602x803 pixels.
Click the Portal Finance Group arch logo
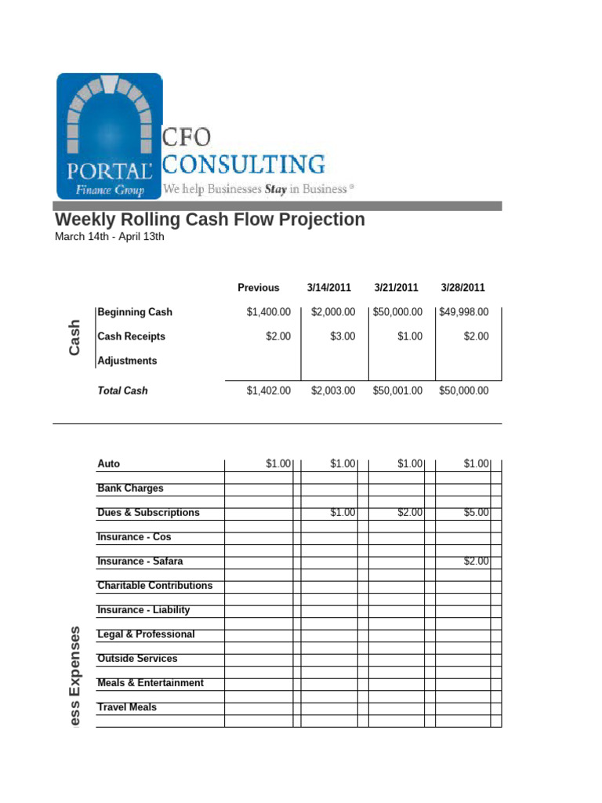(x=109, y=135)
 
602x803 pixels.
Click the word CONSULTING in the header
(x=244, y=165)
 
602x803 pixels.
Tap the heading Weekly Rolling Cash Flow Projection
(x=209, y=220)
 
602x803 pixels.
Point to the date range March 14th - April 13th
(x=109, y=238)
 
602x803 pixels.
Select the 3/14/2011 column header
(x=330, y=288)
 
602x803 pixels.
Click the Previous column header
(x=258, y=288)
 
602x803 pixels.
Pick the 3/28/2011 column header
(x=462, y=288)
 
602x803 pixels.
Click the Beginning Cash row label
(x=135, y=312)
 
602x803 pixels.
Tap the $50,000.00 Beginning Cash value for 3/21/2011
(x=397, y=312)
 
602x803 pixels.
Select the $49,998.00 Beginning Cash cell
(x=463, y=312)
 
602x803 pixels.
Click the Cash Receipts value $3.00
(x=342, y=336)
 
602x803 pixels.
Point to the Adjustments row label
(x=127, y=361)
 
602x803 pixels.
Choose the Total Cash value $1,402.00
(x=268, y=391)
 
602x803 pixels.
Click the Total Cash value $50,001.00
(x=397, y=391)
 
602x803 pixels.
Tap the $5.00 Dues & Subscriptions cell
(x=476, y=513)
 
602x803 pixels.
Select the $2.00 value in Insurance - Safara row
(x=476, y=561)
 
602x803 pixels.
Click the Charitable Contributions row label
(x=154, y=586)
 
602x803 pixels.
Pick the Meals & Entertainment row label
(x=150, y=683)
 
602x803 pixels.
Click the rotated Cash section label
(x=74, y=336)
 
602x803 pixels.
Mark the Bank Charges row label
(x=130, y=489)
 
